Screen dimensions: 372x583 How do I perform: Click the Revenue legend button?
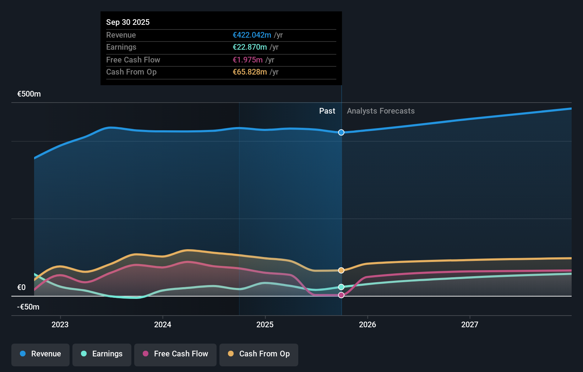[40, 354]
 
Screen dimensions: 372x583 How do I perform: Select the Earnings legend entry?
[102, 354]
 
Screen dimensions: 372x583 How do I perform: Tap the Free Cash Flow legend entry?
[175, 354]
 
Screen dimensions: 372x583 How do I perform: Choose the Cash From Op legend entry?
[259, 354]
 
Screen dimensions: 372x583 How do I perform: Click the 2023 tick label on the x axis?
[60, 324]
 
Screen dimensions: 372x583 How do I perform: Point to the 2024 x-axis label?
[163, 324]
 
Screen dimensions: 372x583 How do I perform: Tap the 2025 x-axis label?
[265, 324]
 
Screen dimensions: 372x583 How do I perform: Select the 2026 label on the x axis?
[367, 324]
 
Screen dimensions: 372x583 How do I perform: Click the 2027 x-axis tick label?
[470, 324]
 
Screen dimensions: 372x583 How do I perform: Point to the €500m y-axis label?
[29, 94]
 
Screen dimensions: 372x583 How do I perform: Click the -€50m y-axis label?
[28, 307]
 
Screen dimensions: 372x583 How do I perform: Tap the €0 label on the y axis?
[22, 288]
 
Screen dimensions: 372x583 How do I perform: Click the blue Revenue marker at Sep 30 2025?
[341, 132]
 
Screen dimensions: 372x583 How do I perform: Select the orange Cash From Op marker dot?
[341, 270]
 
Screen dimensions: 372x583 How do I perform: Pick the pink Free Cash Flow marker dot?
[341, 295]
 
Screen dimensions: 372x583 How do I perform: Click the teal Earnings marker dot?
[341, 287]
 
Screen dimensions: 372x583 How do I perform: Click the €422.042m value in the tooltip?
[252, 35]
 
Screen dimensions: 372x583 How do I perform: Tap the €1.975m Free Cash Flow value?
[247, 60]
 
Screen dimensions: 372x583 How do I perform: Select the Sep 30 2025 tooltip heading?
[128, 22]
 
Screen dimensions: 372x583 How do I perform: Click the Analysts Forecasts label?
[381, 111]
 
